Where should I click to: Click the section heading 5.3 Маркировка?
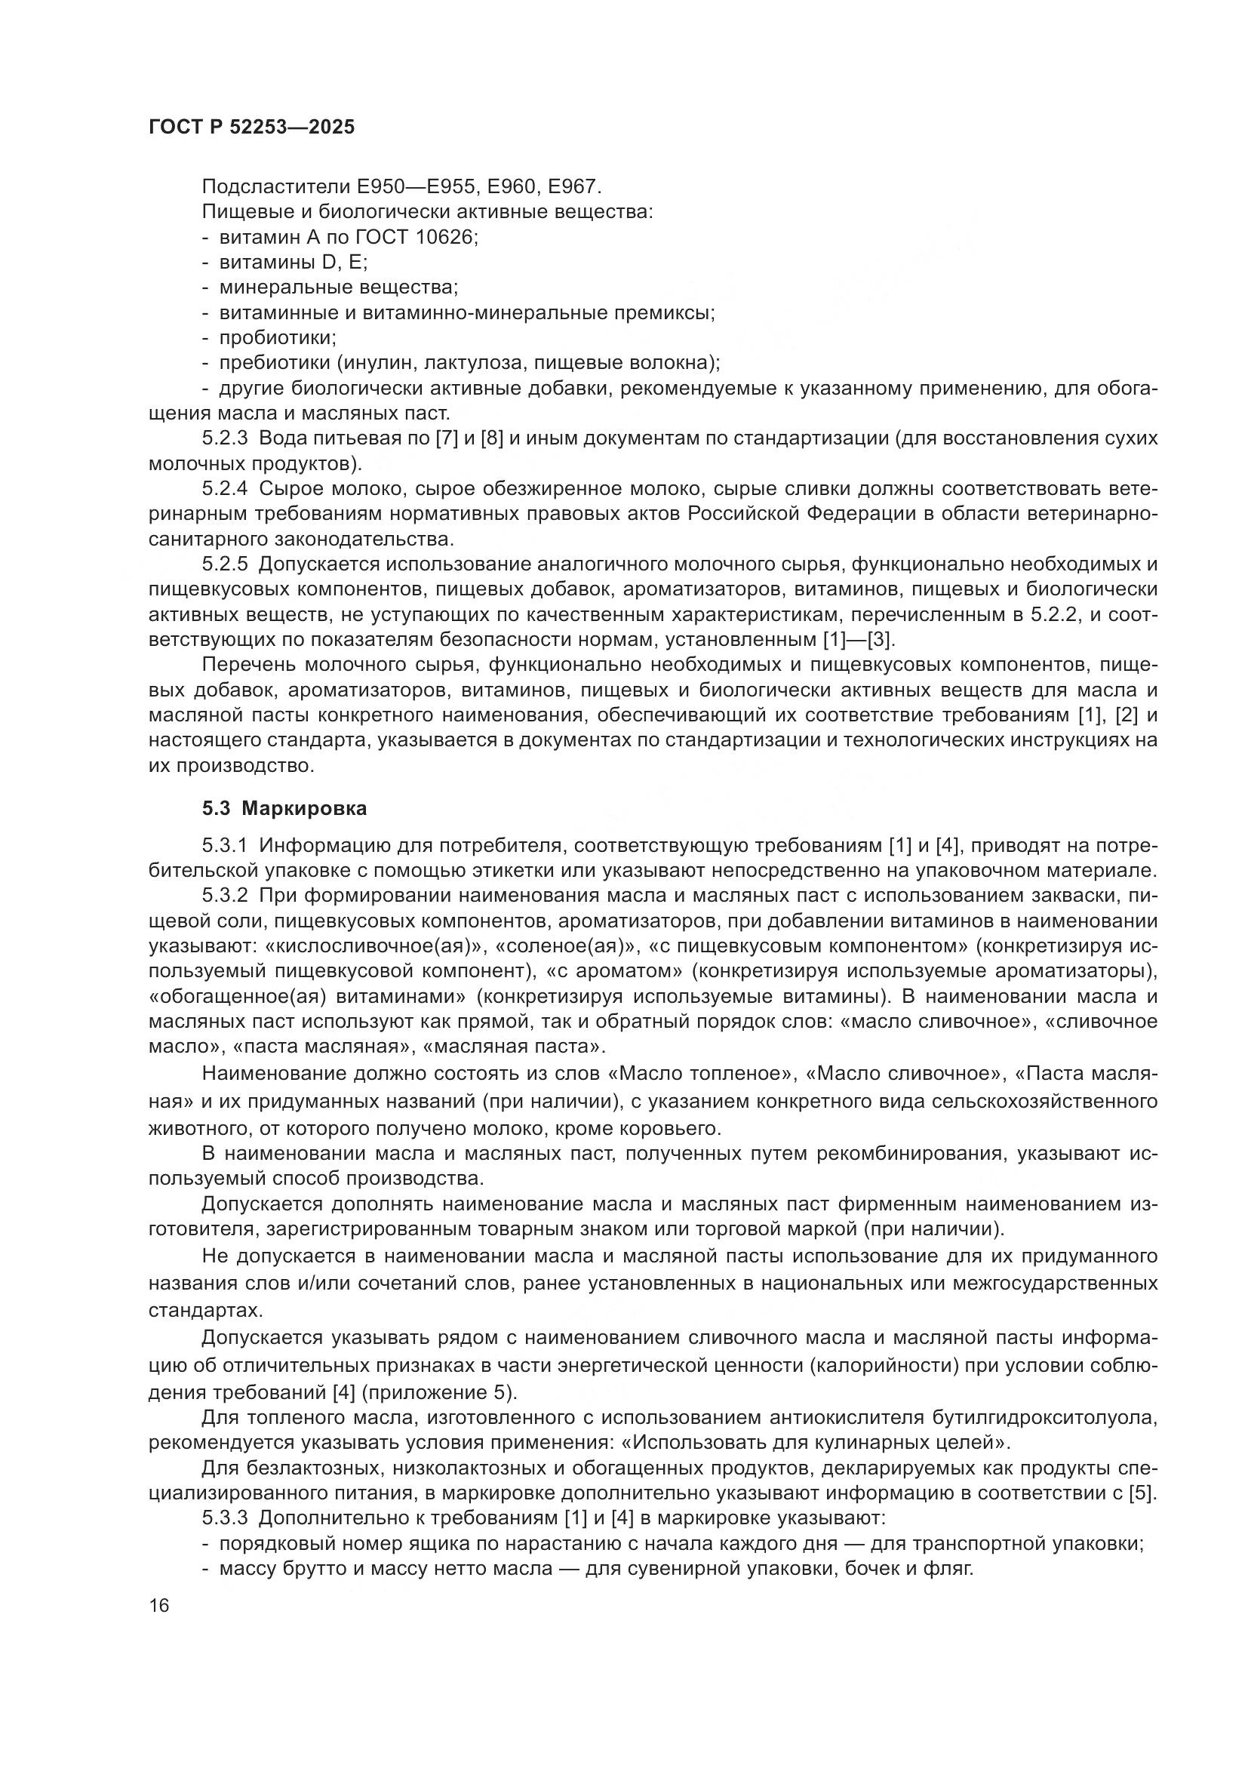coord(284,809)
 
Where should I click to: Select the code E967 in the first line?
coord(576,187)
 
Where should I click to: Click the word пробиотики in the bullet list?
coord(278,338)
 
